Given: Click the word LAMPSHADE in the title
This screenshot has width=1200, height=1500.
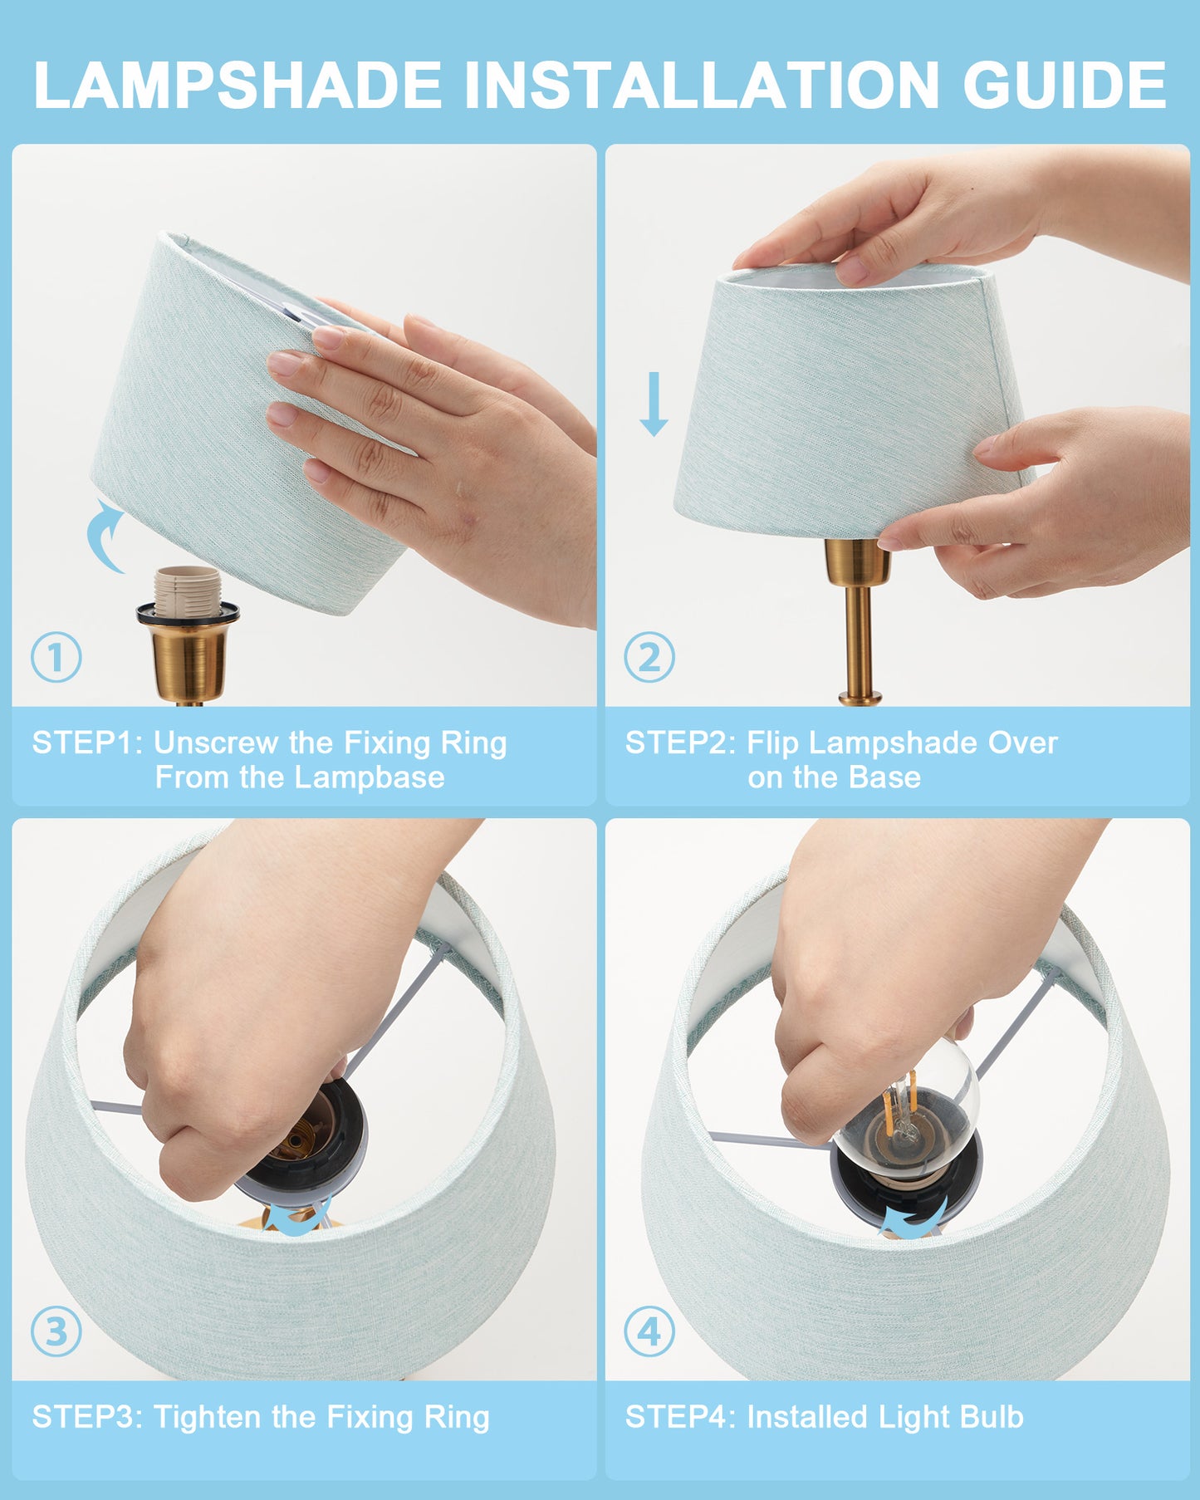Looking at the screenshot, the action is coord(238,85).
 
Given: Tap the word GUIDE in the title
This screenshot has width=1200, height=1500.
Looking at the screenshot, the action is coord(1064,85).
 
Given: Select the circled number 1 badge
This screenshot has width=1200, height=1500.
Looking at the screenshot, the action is coord(56,658).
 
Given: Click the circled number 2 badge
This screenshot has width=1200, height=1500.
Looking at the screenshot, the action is coord(649,658).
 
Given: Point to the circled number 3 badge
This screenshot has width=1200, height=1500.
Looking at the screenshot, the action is coord(56,1332).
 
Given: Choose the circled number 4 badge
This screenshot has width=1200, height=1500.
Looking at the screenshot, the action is coord(649,1332).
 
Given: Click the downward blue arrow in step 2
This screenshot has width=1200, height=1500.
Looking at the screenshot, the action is coord(654,404).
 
